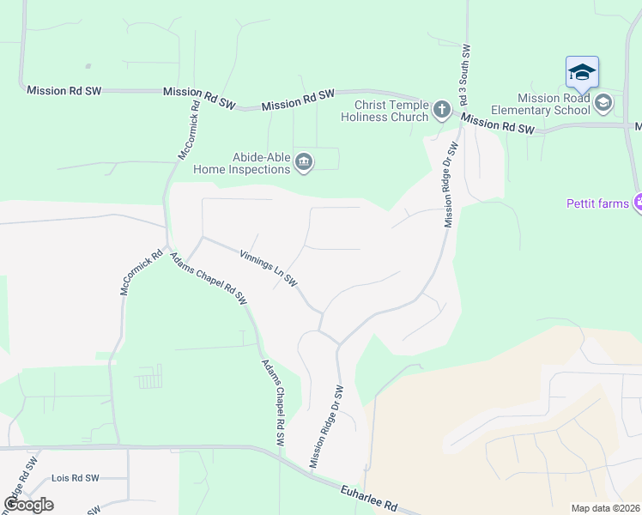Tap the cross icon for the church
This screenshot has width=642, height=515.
click(x=441, y=109)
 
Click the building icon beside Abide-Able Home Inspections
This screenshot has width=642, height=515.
click(x=303, y=162)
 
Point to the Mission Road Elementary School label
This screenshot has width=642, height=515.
click(x=541, y=104)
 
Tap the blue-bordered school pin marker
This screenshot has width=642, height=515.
click(x=582, y=72)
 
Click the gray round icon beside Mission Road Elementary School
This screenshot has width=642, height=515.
click(x=603, y=103)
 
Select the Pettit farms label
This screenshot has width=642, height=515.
click(x=597, y=203)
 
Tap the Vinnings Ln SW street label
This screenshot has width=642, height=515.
click(x=269, y=269)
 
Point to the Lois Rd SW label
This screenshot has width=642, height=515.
click(x=76, y=478)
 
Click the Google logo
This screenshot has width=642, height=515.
click(x=29, y=504)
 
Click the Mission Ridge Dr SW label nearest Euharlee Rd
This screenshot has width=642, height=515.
click(x=326, y=427)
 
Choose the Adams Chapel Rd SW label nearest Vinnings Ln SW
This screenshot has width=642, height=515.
click(x=208, y=278)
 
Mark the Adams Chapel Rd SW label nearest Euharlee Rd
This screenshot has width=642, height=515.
click(x=273, y=402)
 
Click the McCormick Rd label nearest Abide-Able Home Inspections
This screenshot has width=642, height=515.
click(x=189, y=131)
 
